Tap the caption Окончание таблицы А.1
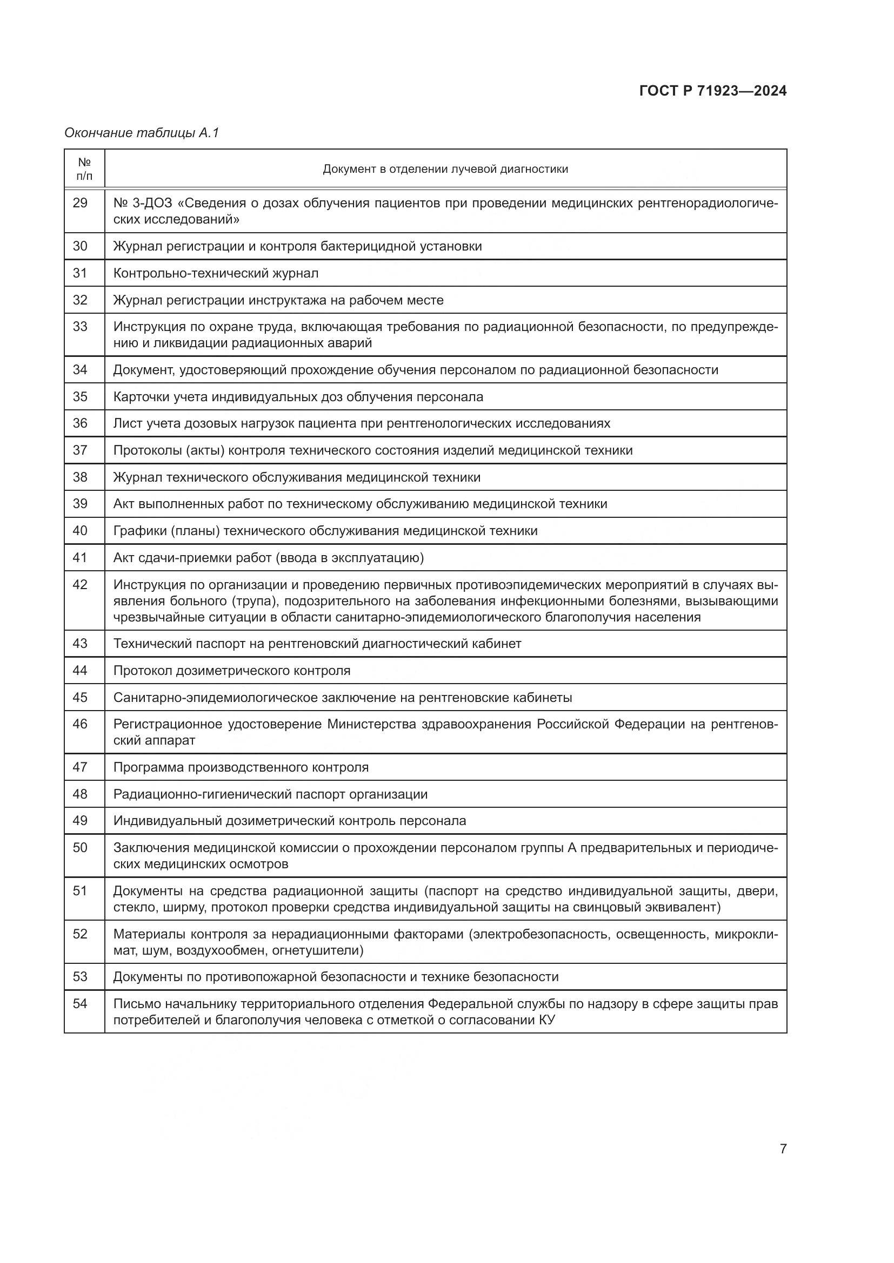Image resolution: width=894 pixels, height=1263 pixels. coord(142,133)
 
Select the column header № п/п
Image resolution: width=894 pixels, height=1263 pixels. coord(84,169)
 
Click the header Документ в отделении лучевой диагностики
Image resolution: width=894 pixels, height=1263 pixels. coord(445,169)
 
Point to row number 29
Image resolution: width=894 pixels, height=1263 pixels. coord(81,203)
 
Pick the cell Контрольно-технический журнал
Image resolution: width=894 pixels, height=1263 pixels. coord(216,273)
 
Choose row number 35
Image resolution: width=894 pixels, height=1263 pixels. coord(81,397)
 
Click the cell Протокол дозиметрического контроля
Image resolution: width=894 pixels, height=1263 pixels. coord(232,671)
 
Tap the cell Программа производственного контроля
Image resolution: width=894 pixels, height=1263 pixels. coord(241,767)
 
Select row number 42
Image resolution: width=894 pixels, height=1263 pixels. coord(81,585)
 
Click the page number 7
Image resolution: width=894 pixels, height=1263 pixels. coord(783,1149)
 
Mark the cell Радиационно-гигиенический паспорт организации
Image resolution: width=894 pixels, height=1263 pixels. coord(270,794)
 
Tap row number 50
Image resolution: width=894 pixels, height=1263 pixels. coord(81,848)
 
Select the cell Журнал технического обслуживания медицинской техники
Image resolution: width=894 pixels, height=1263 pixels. coord(297,477)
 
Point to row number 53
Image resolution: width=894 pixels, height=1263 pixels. coord(81,977)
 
